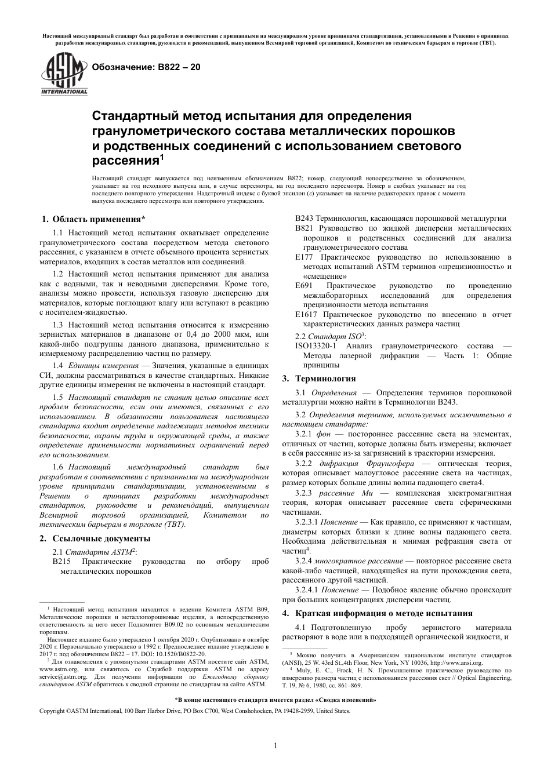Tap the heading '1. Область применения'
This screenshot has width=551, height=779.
pos(92,219)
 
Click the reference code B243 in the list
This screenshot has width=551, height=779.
pos(304,219)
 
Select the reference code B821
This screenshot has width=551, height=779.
pos(304,228)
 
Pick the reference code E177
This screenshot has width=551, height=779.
pos(304,257)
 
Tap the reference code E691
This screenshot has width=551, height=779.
pos(304,285)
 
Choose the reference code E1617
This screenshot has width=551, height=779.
pos(306,314)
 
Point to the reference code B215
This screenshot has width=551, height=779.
pos(61,562)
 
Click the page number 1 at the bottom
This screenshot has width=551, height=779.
pos(275,745)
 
